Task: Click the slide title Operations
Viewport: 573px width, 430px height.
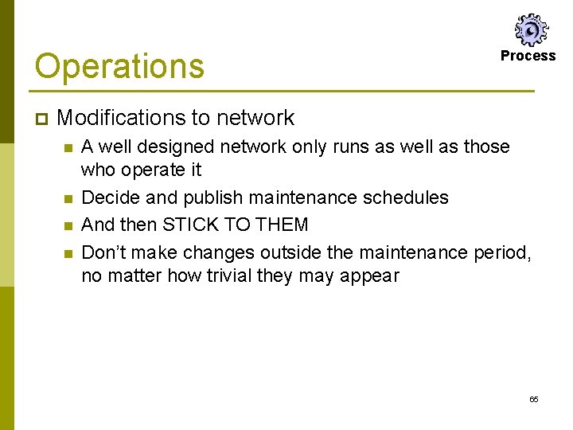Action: pos(119,66)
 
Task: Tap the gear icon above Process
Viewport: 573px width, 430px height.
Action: pos(529,30)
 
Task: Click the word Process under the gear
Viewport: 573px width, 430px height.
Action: pos(528,56)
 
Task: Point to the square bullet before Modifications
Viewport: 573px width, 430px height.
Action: pos(41,119)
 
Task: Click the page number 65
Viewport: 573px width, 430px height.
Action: pos(533,399)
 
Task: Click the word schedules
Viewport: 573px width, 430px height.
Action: pos(407,197)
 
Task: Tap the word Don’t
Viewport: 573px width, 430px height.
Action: pos(103,252)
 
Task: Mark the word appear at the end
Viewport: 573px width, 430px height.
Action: pos(372,276)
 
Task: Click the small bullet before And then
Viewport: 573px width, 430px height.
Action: pos(68,225)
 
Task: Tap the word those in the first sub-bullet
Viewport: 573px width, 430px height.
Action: pos(486,147)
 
